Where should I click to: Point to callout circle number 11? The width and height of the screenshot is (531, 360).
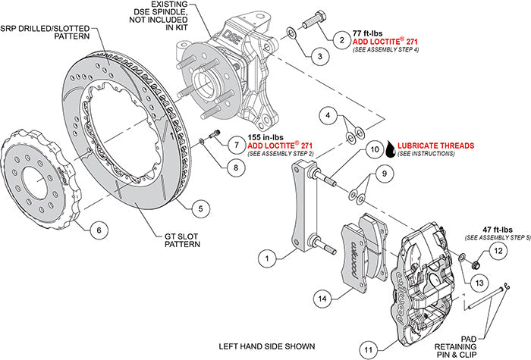tap(368, 349)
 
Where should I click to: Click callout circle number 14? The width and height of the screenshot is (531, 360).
tap(324, 299)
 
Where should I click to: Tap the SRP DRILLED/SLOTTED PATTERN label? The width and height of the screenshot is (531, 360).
tap(38, 31)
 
